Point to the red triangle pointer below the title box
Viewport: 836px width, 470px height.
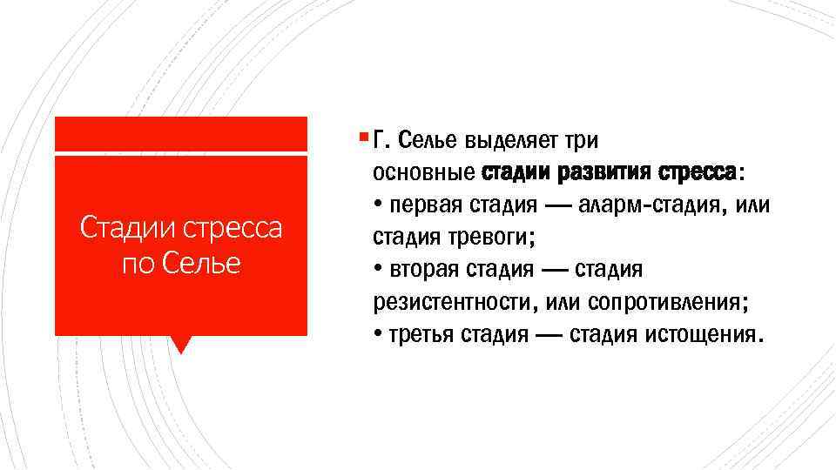coord(180,345)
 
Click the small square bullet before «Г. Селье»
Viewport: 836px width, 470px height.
coord(361,137)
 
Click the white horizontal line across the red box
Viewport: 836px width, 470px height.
coord(180,153)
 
